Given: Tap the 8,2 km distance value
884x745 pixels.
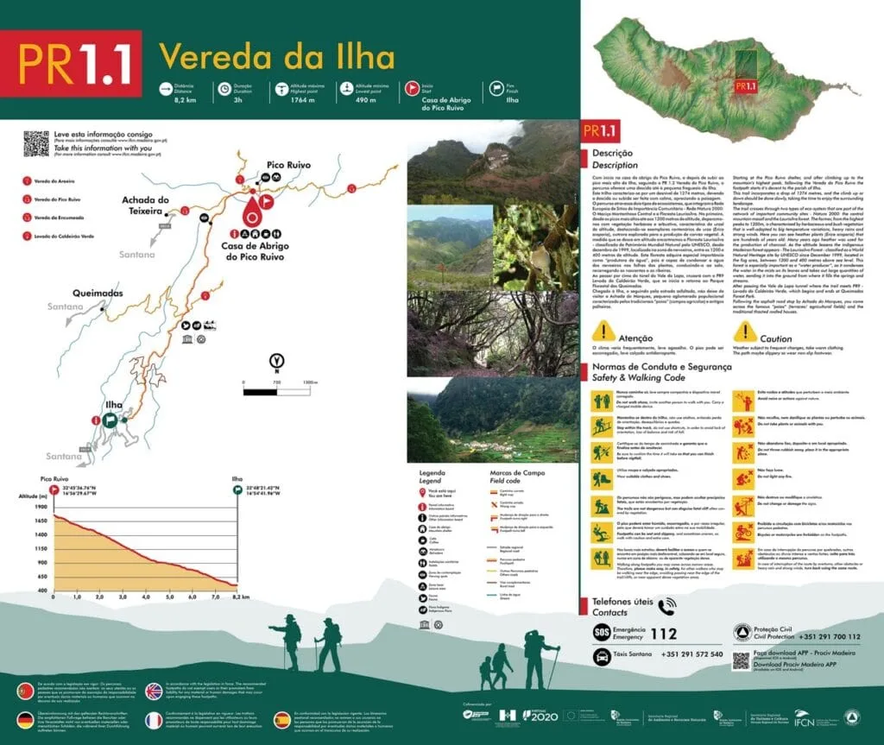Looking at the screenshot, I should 186,100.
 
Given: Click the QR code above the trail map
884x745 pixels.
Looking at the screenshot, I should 35,143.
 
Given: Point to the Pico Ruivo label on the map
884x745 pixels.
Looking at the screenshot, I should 288,164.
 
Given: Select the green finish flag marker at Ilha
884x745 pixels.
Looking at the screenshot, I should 110,420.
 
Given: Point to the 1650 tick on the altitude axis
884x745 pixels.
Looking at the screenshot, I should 41,521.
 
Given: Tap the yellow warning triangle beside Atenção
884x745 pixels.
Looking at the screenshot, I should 604,331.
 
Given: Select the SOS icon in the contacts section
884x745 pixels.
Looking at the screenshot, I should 603,634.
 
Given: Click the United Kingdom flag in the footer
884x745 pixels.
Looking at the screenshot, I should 154,691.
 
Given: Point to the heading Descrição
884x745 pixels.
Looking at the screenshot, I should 613,153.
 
